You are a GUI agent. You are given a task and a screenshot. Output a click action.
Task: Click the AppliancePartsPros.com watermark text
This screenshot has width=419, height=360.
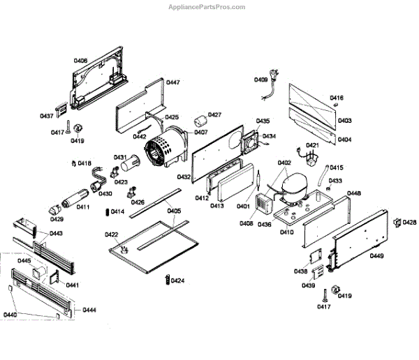coord(208,7)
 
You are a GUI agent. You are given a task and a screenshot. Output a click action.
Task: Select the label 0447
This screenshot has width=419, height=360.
coord(172,82)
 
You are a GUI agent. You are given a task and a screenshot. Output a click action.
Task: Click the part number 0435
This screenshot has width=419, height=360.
coord(263,121)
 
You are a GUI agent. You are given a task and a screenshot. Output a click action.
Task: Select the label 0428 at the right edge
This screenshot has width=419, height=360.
coord(410,223)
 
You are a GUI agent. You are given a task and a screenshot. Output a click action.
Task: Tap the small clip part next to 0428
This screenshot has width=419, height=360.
coord(396,223)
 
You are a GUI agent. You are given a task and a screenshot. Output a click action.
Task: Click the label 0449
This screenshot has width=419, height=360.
coord(377,256)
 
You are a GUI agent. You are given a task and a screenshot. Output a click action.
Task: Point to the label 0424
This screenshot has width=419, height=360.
coord(178,281)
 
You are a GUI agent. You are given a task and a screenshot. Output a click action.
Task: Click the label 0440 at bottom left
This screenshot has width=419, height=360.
coord(10,315)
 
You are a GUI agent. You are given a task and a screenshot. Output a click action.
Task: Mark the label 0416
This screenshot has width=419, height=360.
coord(337,98)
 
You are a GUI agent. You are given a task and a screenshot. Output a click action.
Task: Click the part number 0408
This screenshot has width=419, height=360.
coord(247,224)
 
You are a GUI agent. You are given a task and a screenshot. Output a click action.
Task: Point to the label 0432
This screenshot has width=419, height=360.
coord(184,177)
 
